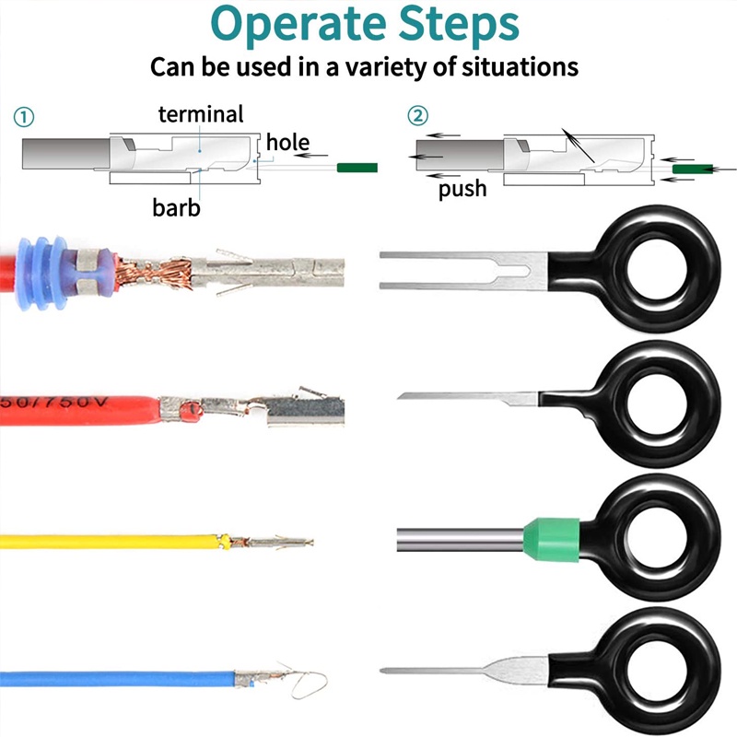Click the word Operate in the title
pyautogui.click(x=298, y=25)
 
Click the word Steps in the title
pyautogui.click(x=459, y=25)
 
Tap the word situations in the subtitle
pyautogui.click(x=520, y=66)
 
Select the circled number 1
pyautogui.click(x=24, y=117)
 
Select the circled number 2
pyautogui.click(x=417, y=116)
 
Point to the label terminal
pyautogui.click(x=201, y=114)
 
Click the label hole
pyautogui.click(x=287, y=142)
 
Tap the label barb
pyautogui.click(x=176, y=207)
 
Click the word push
pyautogui.click(x=462, y=189)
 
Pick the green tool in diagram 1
pyautogui.click(x=357, y=168)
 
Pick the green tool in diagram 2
pyautogui.click(x=693, y=169)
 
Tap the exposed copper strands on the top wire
pyautogui.click(x=156, y=273)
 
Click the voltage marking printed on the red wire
pyautogui.click(x=54, y=404)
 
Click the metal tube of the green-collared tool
pyautogui.click(x=461, y=540)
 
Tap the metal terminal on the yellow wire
pyautogui.click(x=272, y=542)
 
